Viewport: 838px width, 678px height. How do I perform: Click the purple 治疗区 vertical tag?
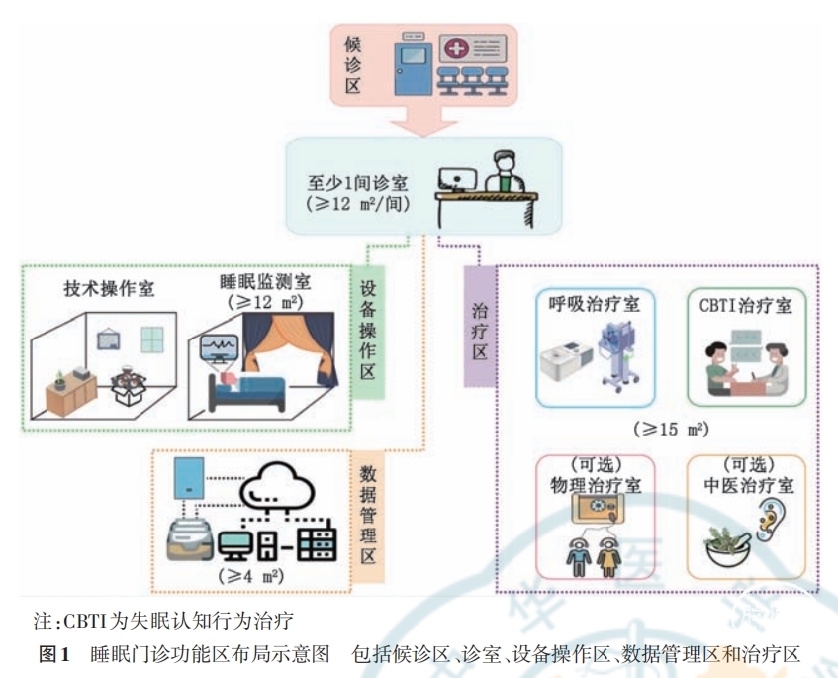tap(479, 326)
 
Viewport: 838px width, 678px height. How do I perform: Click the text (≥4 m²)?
tap(248, 576)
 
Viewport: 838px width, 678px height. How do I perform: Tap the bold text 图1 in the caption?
tap(51, 653)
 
